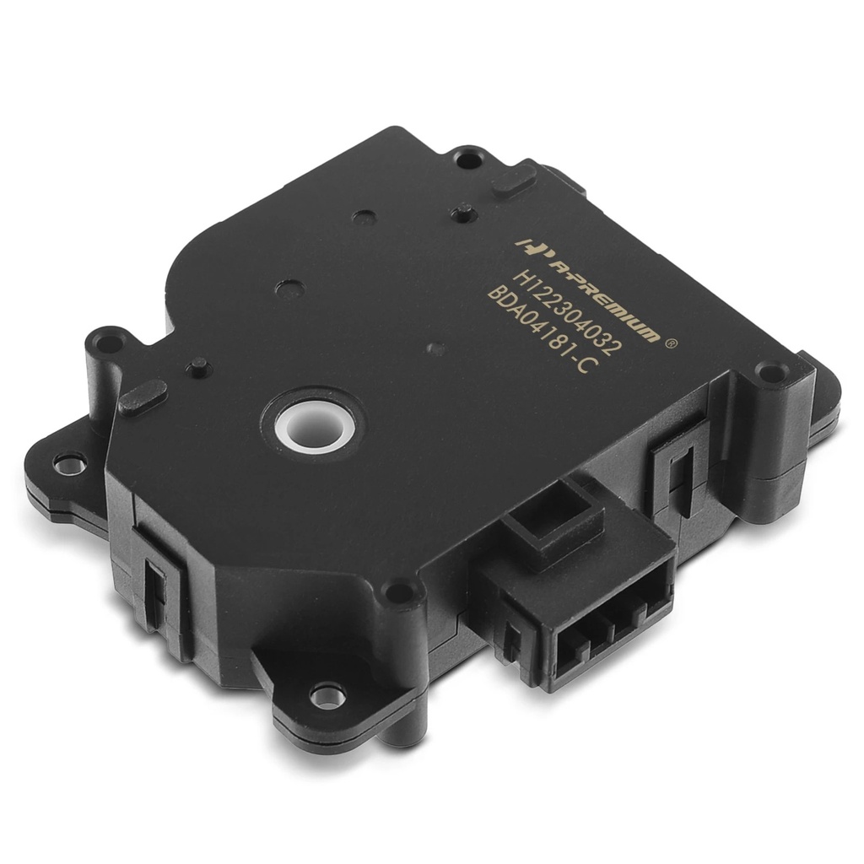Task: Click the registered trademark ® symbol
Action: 671,343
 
